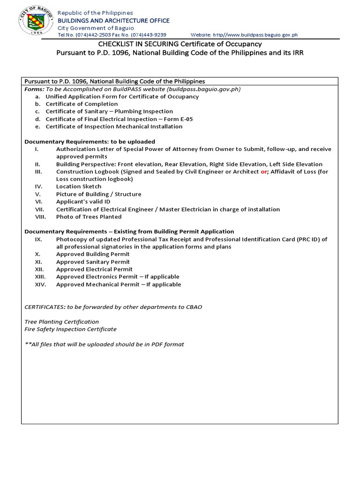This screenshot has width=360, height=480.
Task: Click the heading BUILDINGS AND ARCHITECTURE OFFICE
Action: click(x=113, y=21)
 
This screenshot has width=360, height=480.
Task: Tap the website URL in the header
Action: click(x=255, y=35)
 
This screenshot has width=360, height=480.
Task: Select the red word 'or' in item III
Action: click(x=263, y=172)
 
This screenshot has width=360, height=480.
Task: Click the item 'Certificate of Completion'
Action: click(x=82, y=104)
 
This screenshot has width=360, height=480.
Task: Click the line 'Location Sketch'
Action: click(x=78, y=187)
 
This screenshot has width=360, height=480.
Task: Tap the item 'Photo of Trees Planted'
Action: click(x=89, y=217)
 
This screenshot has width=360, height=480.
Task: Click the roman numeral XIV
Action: click(x=40, y=285)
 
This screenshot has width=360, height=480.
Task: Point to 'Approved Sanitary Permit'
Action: click(x=93, y=262)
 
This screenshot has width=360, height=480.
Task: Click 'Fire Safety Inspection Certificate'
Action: click(x=70, y=329)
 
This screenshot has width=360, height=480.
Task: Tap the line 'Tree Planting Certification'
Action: click(x=61, y=322)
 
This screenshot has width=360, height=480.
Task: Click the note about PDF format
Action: click(x=104, y=345)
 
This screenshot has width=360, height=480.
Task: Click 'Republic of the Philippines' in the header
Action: click(x=95, y=13)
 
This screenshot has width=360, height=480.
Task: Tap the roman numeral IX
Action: click(x=38, y=239)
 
